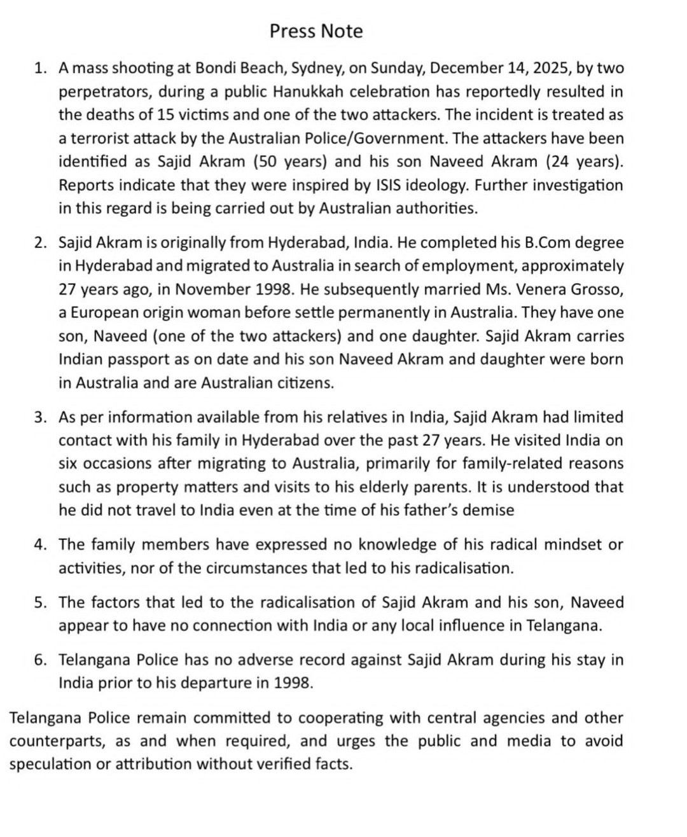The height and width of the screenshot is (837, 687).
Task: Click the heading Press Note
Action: [x=316, y=31]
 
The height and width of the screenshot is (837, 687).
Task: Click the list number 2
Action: [x=40, y=243]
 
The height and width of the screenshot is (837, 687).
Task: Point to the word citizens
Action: [x=303, y=383]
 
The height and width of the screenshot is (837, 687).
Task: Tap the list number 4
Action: [x=40, y=545]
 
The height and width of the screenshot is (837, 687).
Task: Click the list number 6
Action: [x=40, y=660]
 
